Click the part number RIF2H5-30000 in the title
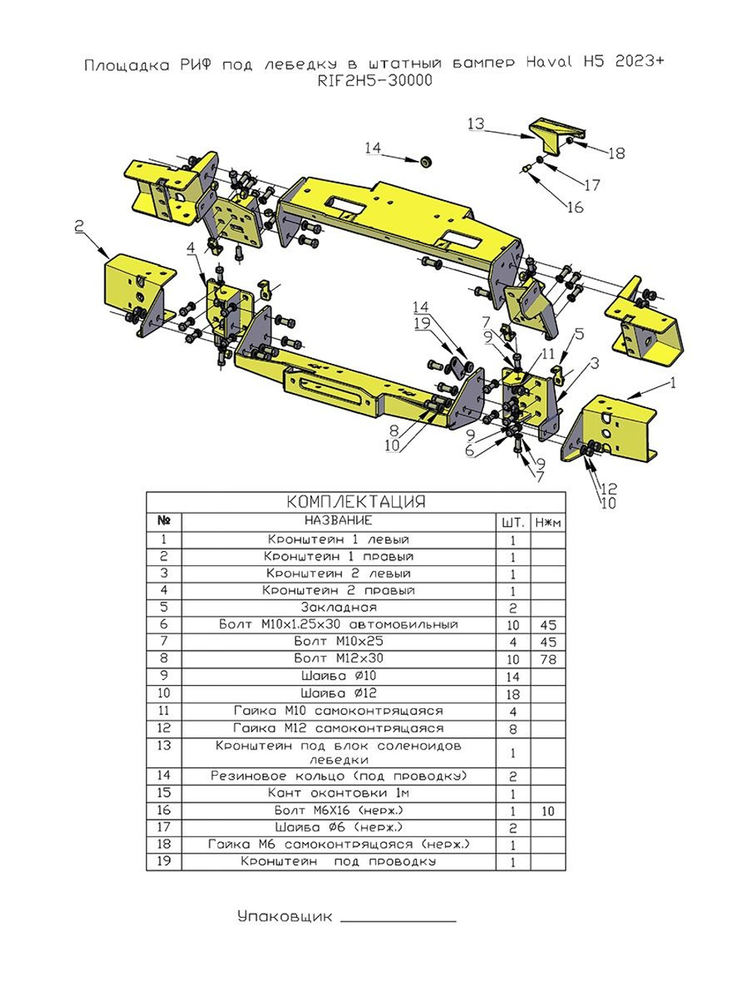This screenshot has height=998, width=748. (375, 81)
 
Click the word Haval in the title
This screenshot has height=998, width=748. (550, 61)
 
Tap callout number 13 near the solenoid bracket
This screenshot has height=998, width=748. (476, 124)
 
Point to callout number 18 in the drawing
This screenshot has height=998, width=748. (616, 153)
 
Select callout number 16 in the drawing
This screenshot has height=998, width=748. (575, 207)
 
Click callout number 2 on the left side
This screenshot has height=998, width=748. (79, 226)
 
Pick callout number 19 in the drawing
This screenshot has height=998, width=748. (422, 323)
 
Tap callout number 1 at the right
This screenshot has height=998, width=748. (672, 383)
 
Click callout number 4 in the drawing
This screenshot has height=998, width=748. (191, 248)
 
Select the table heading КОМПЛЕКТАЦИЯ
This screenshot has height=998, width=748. (356, 502)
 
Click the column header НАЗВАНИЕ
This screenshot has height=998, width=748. (338, 520)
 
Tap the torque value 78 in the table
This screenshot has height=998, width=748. (548, 659)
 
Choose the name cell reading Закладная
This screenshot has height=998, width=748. (338, 607)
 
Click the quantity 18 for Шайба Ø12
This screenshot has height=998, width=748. (512, 694)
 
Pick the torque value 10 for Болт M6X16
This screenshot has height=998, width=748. (548, 811)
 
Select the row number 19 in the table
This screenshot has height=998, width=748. (164, 861)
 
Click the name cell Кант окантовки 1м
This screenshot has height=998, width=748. (338, 793)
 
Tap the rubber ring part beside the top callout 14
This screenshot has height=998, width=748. (426, 162)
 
